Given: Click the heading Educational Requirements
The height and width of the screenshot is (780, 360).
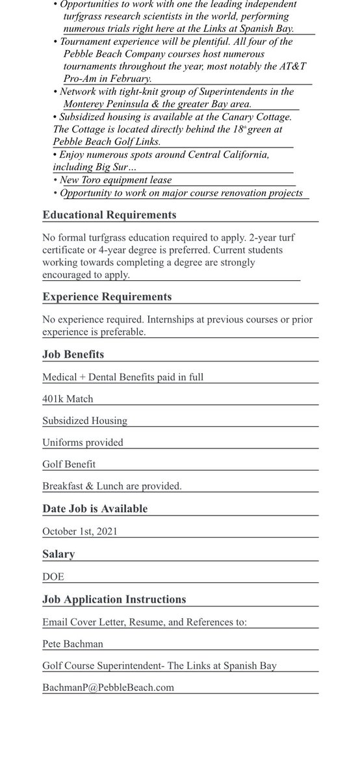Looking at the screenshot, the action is [109, 215].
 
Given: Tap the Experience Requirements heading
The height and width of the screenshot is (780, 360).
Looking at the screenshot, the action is [107, 297].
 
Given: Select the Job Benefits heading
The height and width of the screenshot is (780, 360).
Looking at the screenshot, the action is [73, 355].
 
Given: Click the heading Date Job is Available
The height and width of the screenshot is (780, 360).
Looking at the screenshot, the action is [95, 509].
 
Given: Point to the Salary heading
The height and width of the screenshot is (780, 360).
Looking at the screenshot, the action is [58, 554].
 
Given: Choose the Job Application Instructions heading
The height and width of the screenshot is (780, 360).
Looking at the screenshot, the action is [114, 599].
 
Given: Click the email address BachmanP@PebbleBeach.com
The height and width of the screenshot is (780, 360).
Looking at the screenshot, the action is [108, 687].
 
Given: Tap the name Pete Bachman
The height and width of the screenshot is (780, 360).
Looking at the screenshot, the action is [73, 644].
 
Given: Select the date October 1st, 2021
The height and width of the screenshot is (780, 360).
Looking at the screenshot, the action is [80, 531].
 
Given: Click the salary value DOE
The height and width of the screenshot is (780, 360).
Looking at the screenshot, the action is [53, 577].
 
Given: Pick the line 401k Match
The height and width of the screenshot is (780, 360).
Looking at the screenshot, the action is [68, 399].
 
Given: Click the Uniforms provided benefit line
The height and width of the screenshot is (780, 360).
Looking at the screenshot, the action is [83, 443].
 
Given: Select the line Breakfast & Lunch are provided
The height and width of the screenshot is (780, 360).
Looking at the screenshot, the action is [112, 486].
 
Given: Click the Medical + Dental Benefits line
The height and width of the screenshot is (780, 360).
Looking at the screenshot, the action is [123, 377].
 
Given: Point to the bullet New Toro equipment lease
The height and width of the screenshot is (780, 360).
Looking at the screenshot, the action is [116, 180].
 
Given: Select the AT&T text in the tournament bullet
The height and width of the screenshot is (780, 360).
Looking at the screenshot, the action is [292, 67].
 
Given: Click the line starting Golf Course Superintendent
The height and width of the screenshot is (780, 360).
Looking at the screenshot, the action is [160, 666].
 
